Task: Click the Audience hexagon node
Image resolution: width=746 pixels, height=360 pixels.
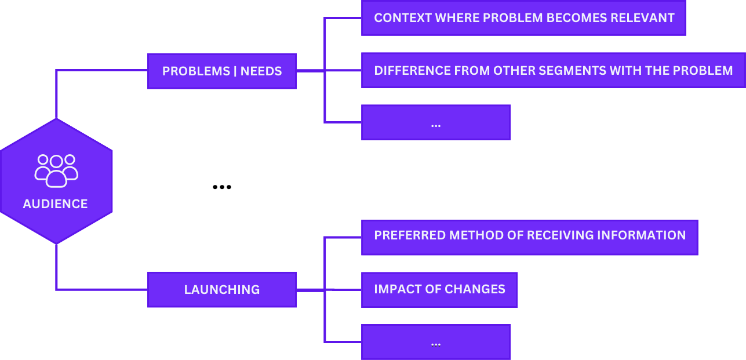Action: (x=56, y=181)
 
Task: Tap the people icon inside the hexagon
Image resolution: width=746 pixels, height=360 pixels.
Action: (x=56, y=170)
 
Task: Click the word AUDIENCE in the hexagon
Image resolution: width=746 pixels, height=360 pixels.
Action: (x=56, y=204)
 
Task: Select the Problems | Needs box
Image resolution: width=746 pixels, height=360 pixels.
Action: (x=222, y=71)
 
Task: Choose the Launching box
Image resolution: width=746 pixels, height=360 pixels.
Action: (x=222, y=289)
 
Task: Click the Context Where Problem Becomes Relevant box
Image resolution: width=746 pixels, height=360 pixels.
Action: (x=523, y=18)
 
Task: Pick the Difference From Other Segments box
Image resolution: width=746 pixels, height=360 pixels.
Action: (x=553, y=71)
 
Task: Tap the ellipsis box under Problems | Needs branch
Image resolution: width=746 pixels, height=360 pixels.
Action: (x=436, y=122)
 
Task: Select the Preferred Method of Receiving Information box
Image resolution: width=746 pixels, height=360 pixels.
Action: (x=529, y=237)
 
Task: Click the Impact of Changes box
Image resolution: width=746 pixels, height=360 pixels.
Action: (x=439, y=289)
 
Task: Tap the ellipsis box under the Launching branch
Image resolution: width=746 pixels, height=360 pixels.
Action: (x=436, y=342)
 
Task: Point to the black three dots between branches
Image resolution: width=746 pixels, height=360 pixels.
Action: (x=222, y=187)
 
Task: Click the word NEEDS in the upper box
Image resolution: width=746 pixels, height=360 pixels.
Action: (x=261, y=71)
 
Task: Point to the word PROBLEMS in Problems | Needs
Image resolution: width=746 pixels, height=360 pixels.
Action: (x=196, y=71)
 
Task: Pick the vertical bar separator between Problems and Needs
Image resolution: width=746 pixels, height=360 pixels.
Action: (x=235, y=71)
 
